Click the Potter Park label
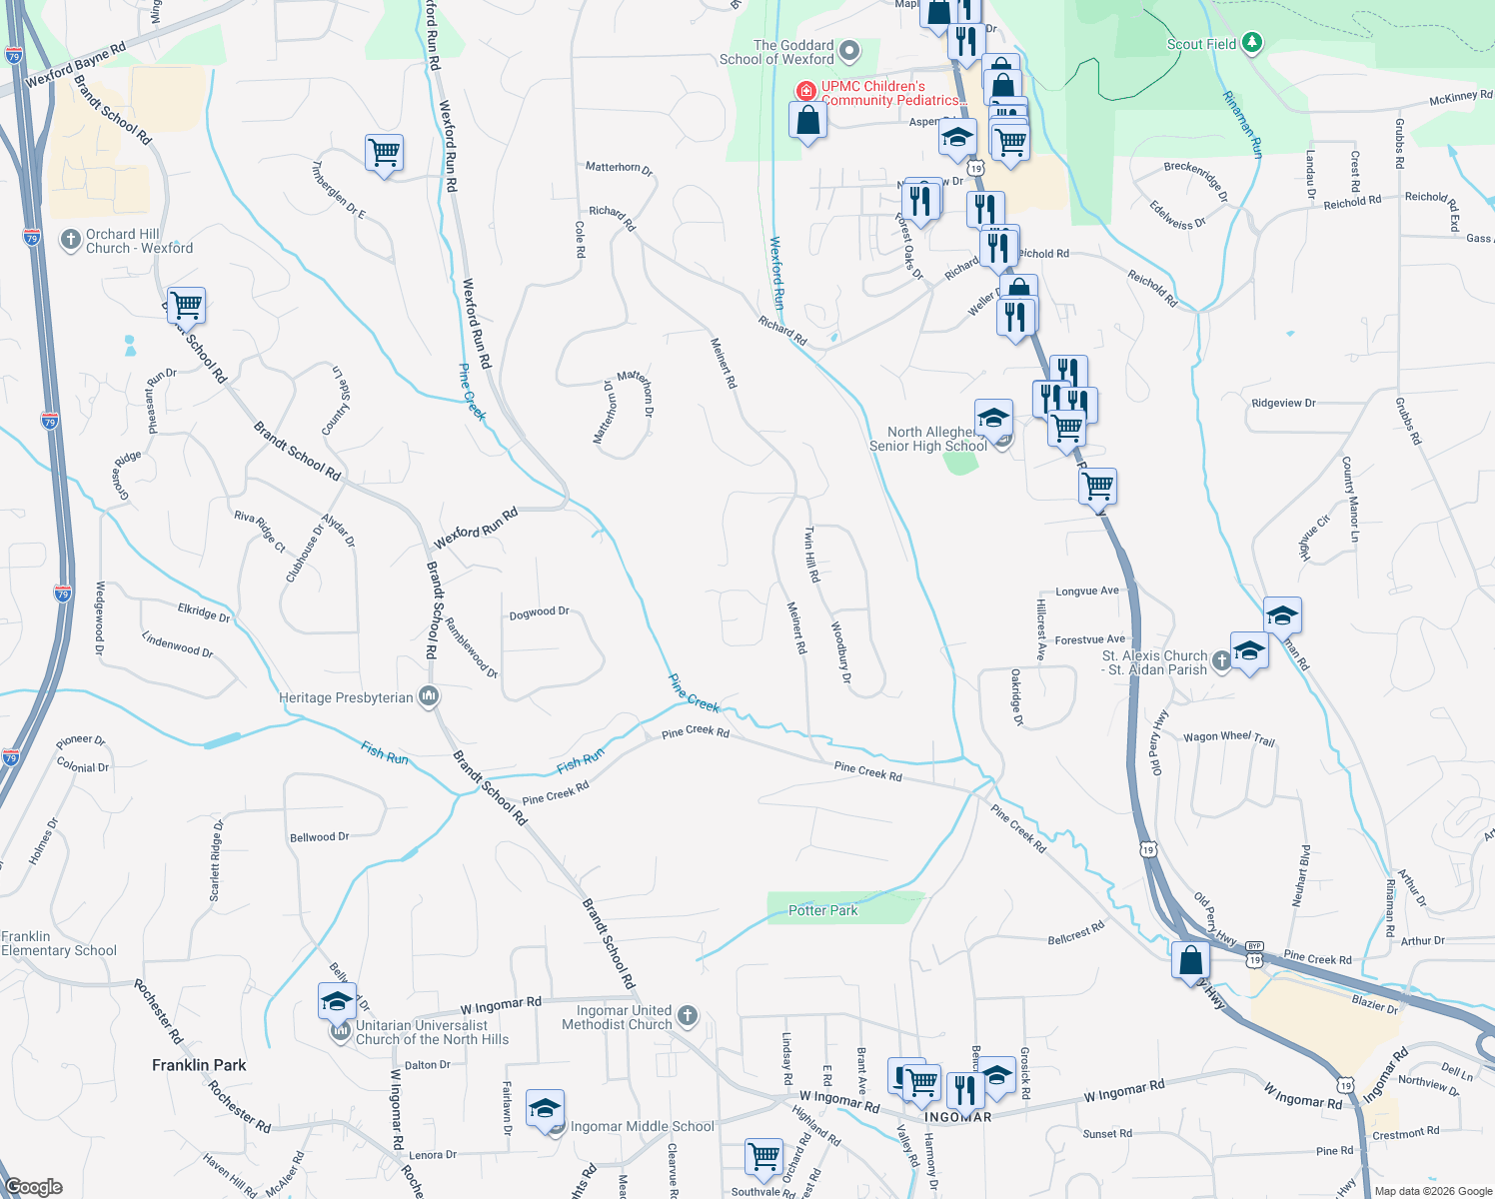click(x=822, y=910)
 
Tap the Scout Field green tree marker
click(x=1252, y=43)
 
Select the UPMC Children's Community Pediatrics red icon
click(x=805, y=92)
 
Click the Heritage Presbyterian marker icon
click(x=429, y=696)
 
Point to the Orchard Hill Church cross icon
click(x=70, y=240)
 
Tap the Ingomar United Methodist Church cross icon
click(x=687, y=1016)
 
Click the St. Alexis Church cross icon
click(x=1221, y=660)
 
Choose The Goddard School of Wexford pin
click(x=849, y=50)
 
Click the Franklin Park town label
click(x=199, y=1065)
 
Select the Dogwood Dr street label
click(x=539, y=612)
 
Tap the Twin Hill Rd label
click(x=812, y=555)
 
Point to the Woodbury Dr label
click(x=841, y=652)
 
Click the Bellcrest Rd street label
click(x=1076, y=933)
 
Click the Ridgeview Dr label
click(x=1283, y=403)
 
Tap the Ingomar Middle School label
click(x=643, y=1126)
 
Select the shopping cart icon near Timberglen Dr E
click(x=384, y=154)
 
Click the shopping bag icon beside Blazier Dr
click(x=1190, y=961)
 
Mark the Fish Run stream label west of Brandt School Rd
click(x=385, y=753)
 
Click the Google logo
click(x=34, y=1187)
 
